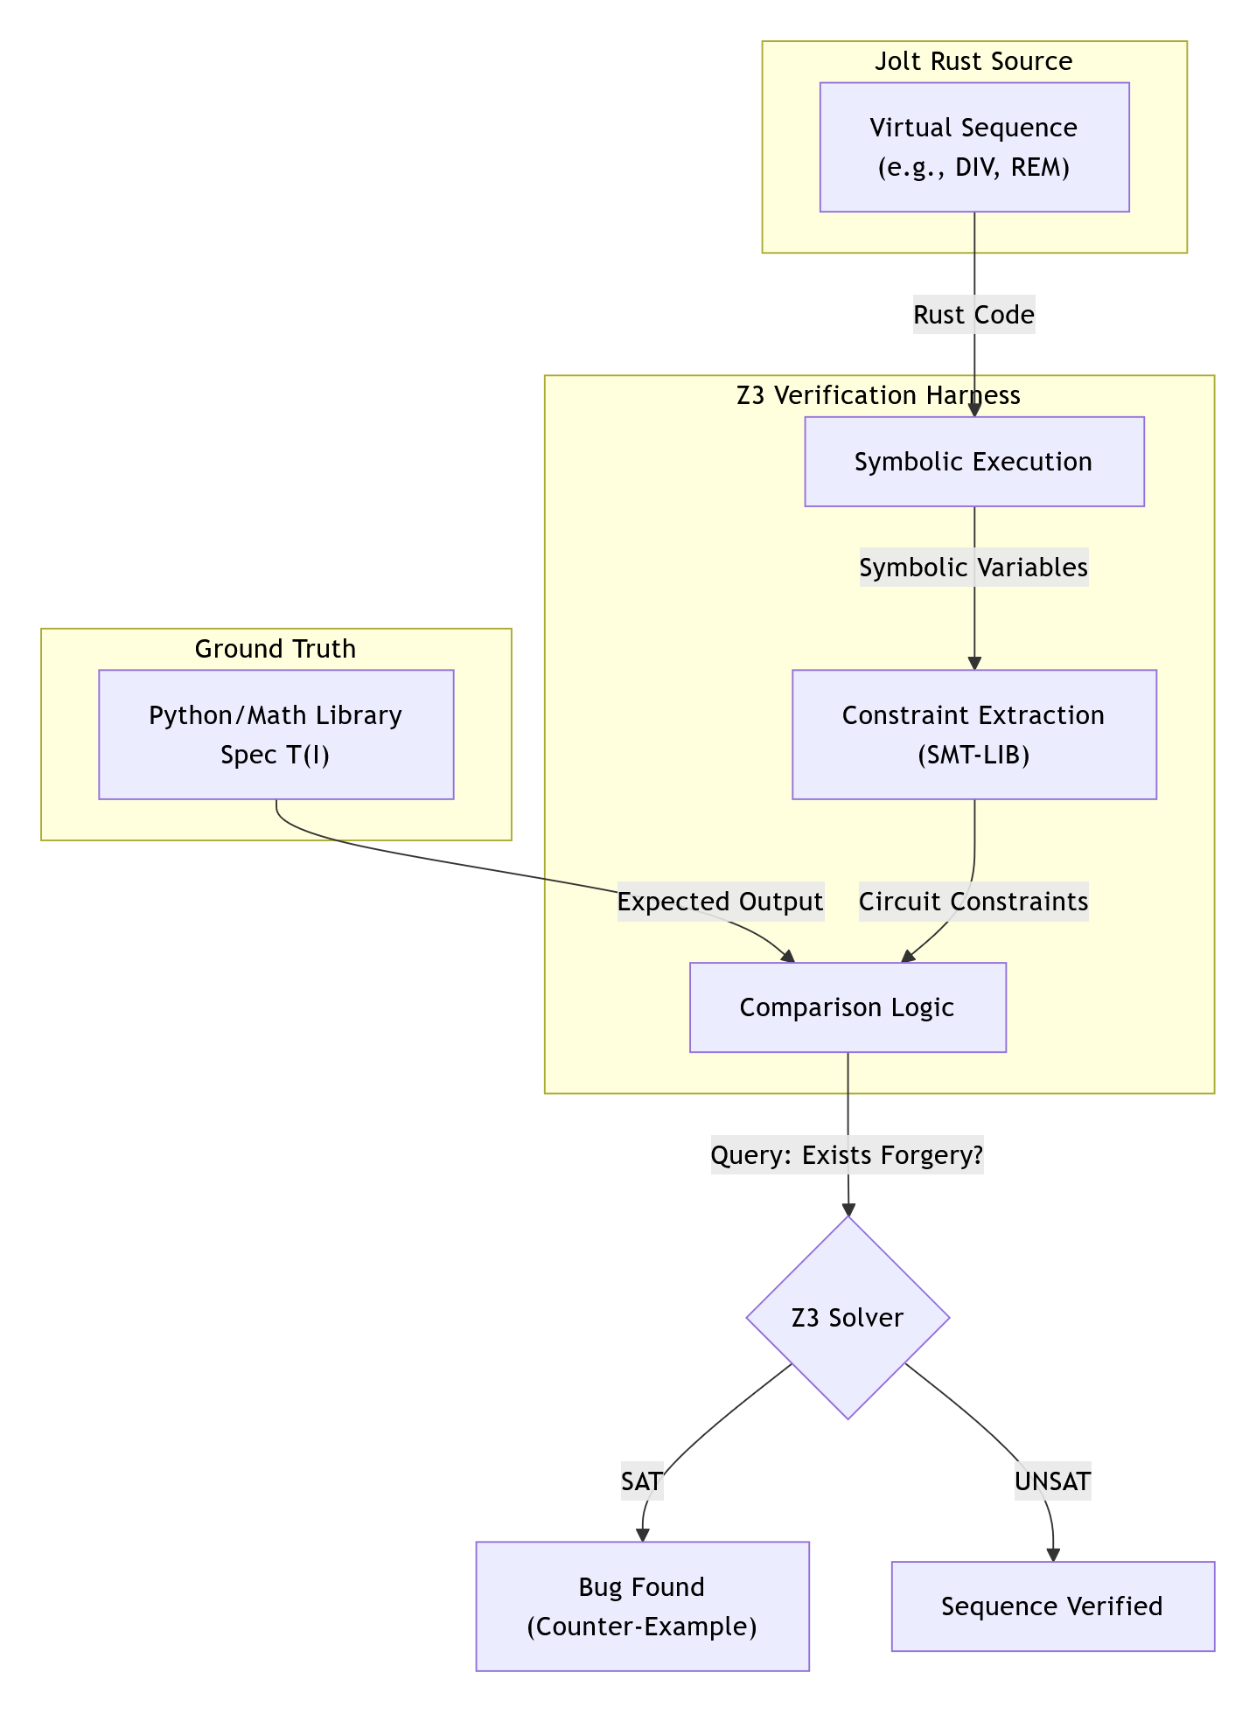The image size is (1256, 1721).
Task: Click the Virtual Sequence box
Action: point(973,147)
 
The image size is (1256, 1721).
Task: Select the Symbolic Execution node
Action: point(973,462)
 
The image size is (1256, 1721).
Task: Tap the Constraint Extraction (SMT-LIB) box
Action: point(973,735)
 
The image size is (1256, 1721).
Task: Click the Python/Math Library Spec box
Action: point(276,735)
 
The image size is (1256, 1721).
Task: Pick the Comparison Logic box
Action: point(847,1007)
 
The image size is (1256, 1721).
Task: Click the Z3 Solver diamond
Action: point(847,1317)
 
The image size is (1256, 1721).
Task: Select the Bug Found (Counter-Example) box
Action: point(642,1606)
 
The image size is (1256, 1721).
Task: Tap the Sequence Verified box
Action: point(1052,1606)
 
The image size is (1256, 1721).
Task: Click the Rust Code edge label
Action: point(973,315)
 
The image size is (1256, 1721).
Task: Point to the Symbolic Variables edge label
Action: point(973,568)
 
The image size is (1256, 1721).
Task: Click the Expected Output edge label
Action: point(720,902)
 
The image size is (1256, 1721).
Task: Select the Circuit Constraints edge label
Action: point(973,902)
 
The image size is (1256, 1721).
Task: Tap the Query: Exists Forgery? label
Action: point(847,1156)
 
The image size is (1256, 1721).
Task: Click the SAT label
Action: point(641,1481)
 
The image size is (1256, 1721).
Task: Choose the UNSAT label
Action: point(1052,1481)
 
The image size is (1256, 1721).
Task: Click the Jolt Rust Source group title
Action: point(973,61)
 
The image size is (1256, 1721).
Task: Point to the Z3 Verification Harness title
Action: point(878,395)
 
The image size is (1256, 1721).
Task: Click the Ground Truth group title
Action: point(276,649)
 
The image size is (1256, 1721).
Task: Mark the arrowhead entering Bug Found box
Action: point(643,1535)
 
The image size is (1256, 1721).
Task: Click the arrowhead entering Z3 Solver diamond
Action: point(848,1209)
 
